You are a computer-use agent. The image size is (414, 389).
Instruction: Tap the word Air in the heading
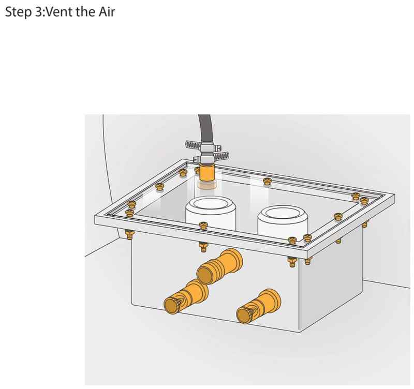coord(107,12)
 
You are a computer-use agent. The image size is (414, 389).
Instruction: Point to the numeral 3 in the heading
coord(38,12)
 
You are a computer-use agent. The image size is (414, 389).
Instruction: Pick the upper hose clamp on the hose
coord(203,146)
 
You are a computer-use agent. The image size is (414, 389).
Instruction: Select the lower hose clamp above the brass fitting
coord(211,157)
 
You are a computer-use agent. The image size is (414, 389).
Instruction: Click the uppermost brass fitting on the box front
coord(219,266)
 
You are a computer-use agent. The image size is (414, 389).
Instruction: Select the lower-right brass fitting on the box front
coord(258,306)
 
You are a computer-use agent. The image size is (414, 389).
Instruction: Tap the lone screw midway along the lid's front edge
coord(203,225)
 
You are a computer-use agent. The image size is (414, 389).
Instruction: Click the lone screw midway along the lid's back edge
coord(267,181)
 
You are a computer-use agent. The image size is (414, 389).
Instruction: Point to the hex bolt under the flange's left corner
coord(129,234)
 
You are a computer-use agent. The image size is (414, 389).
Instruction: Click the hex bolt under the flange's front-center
coord(202,247)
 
